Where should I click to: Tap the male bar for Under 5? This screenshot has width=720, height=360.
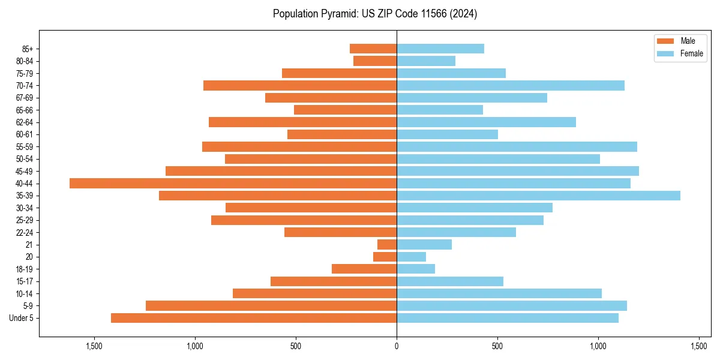click(x=254, y=318)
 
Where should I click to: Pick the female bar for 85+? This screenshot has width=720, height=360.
click(x=440, y=49)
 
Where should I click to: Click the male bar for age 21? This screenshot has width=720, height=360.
click(x=387, y=244)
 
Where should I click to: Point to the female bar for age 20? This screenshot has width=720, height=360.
click(x=411, y=257)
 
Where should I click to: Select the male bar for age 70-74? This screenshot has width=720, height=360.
click(x=300, y=85)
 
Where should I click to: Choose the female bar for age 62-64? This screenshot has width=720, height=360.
click(x=486, y=122)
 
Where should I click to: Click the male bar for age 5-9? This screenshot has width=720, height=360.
click(x=271, y=305)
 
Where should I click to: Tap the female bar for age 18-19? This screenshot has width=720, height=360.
click(x=416, y=269)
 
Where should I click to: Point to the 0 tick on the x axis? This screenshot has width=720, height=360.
click(x=397, y=346)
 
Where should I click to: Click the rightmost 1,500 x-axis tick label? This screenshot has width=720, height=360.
click(x=699, y=346)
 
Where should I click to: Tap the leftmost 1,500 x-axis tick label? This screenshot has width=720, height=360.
click(x=94, y=346)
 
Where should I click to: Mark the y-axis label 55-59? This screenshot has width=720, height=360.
click(x=25, y=146)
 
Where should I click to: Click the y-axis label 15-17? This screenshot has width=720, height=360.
click(x=25, y=281)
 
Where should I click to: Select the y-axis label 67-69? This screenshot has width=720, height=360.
click(x=25, y=98)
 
